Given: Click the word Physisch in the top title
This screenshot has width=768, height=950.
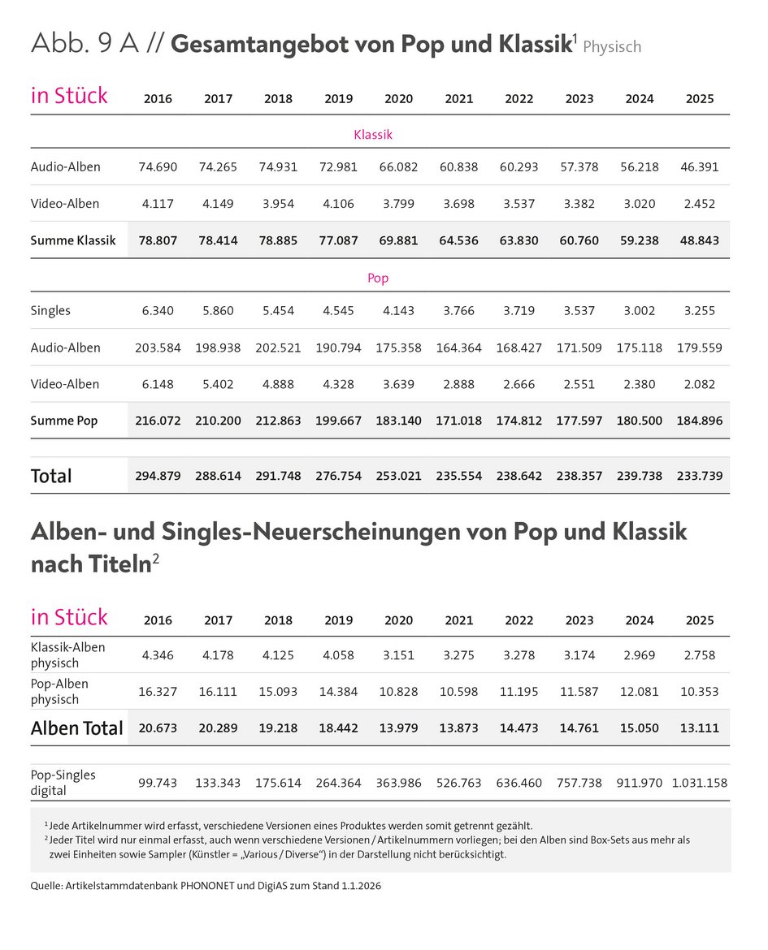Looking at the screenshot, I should tap(612, 46).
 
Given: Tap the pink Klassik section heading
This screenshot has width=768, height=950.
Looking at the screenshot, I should tap(373, 135).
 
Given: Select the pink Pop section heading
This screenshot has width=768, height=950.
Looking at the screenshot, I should tap(378, 278).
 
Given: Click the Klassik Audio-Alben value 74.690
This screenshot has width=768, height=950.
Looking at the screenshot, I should tap(158, 167).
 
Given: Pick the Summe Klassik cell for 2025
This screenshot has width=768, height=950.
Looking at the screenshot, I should tap(699, 240).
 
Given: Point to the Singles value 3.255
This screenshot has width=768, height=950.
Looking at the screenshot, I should tap(699, 311).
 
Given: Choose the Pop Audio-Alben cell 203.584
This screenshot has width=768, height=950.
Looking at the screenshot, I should tap(158, 348).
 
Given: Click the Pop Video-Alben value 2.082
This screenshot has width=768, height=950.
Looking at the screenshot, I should tap(699, 384).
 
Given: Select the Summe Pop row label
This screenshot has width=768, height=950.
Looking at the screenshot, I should tap(64, 421).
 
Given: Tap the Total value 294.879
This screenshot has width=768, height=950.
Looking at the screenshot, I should tap(158, 476).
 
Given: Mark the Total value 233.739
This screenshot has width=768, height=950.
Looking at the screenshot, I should tap(699, 476).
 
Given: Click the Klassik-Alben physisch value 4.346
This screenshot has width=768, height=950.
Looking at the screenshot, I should tap(158, 654).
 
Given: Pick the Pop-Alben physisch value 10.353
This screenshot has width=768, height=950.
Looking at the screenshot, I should tap(699, 692).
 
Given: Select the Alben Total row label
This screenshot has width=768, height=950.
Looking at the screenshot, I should tap(77, 728).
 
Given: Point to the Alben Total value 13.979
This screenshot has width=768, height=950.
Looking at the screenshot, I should tap(398, 728).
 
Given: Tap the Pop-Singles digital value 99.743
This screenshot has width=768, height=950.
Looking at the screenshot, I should tap(158, 784).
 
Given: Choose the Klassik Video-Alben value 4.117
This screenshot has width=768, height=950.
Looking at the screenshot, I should tap(158, 204).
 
